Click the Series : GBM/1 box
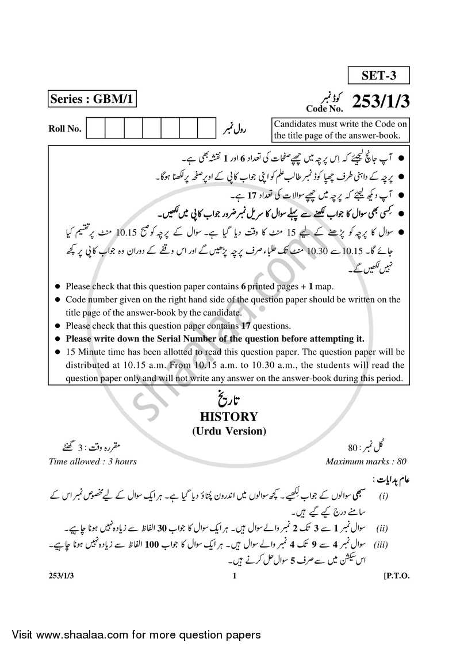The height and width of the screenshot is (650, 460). tap(91, 100)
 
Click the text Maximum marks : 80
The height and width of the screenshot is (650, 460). tap(366, 461)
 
